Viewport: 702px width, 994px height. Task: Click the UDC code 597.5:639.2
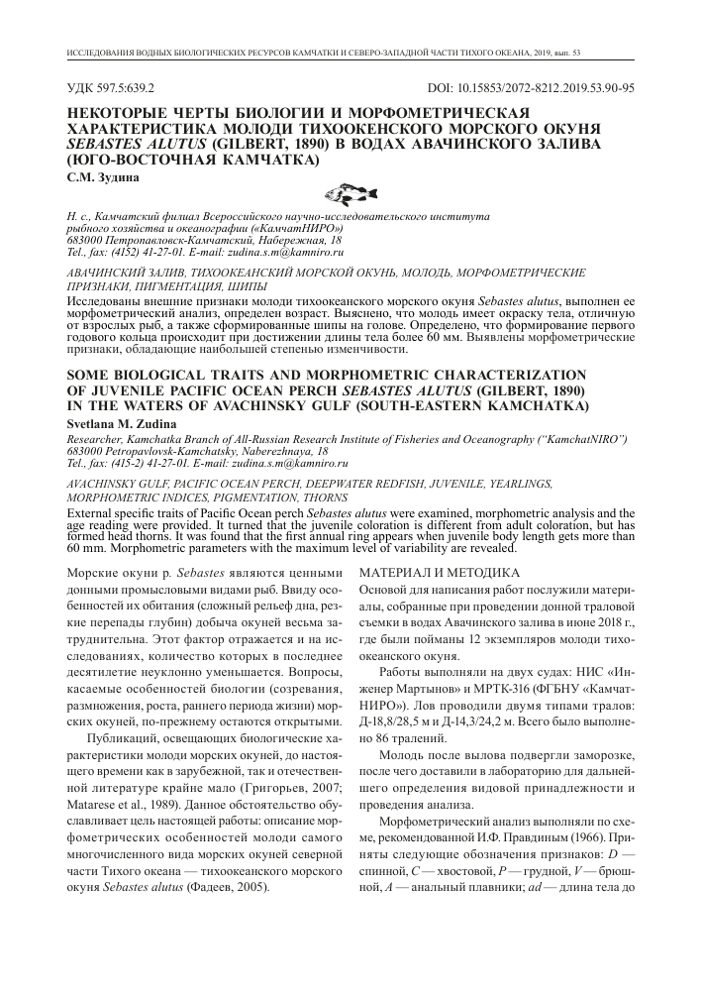(x=118, y=87)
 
